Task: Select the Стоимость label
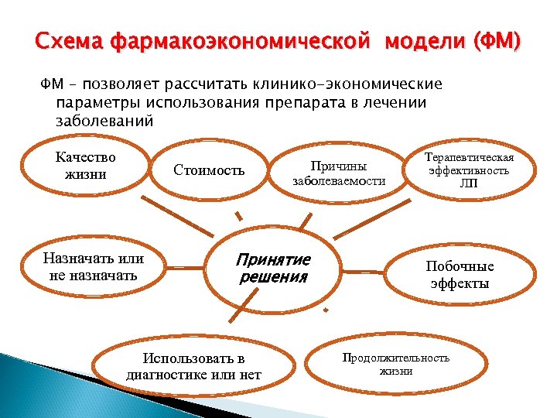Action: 209,170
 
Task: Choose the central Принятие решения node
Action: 274,268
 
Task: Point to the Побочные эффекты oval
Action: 460,274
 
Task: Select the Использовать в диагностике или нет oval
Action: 193,367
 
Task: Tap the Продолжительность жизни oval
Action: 395,364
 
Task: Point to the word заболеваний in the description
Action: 105,121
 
